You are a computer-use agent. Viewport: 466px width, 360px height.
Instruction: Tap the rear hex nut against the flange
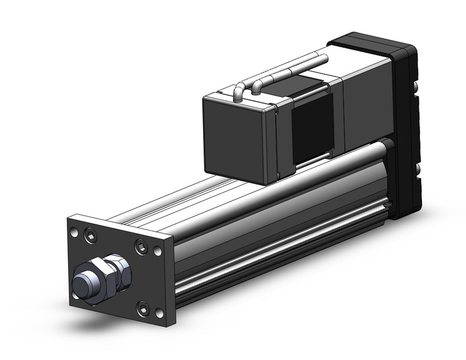pyautogui.click(x=120, y=269)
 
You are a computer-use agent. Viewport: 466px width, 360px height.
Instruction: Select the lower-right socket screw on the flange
pyautogui.click(x=143, y=308)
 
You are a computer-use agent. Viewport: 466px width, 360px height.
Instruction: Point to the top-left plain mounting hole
pyautogui.click(x=74, y=232)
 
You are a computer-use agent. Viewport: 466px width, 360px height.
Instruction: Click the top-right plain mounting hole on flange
pyautogui.click(x=158, y=251)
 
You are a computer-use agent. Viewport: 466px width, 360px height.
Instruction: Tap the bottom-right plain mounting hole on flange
pyautogui.click(x=159, y=312)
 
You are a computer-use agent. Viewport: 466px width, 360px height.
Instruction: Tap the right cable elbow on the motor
pyautogui.click(x=258, y=82)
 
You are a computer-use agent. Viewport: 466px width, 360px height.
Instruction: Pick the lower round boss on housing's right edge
pyautogui.click(x=419, y=169)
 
